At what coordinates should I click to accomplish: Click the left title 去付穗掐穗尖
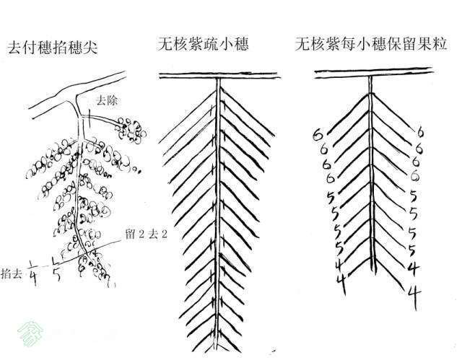coord(53,48)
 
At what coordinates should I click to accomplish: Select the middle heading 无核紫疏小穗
coord(204,44)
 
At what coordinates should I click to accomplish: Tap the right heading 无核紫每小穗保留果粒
coord(371,44)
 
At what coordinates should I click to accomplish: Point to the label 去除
coord(108,101)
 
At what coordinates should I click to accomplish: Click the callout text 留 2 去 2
coord(147,234)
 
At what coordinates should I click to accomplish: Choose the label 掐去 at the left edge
coord(12,274)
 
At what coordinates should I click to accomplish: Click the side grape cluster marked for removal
coord(131,131)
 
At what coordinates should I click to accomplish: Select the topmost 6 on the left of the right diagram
coord(318,135)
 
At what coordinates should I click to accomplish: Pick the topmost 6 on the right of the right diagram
coord(420,133)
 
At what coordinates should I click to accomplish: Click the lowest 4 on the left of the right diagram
coord(341,281)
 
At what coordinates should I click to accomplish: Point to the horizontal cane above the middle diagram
coord(219,76)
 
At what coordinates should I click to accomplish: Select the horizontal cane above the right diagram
coord(373,74)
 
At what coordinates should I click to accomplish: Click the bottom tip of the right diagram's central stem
coord(375,274)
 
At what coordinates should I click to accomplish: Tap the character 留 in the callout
coord(131,234)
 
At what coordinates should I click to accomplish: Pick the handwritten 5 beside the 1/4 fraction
coord(56,275)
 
